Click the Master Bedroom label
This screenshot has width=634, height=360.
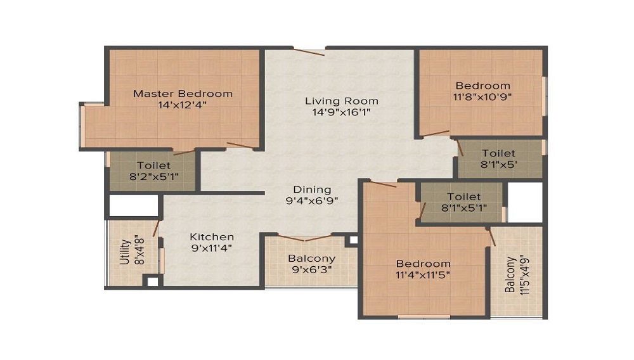[x=183, y=94]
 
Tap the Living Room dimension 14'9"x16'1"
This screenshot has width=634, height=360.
[x=342, y=112]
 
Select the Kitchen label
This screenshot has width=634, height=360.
[x=212, y=237]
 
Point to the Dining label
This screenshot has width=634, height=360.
[x=312, y=190]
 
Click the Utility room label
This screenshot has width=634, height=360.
[x=125, y=252]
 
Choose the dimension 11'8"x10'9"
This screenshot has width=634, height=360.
[x=482, y=97]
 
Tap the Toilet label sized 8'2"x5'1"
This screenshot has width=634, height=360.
[x=153, y=165]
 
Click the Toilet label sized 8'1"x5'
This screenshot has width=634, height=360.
[x=498, y=153]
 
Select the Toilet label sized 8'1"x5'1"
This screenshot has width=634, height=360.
[x=464, y=196]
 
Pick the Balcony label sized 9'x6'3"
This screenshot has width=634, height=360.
[x=312, y=258]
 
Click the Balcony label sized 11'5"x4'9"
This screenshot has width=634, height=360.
[x=510, y=274]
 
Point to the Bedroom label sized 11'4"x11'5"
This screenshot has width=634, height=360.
[x=423, y=264]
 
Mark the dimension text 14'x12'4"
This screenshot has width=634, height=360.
[x=183, y=105]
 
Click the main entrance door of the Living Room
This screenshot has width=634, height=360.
[x=309, y=52]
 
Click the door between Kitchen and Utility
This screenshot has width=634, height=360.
[x=156, y=229]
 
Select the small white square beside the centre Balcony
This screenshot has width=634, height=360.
[x=353, y=240]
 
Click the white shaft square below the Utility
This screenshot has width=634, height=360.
[x=152, y=281]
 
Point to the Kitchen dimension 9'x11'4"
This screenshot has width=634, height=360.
[x=212, y=248]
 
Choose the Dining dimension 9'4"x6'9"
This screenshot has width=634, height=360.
[x=312, y=200]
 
